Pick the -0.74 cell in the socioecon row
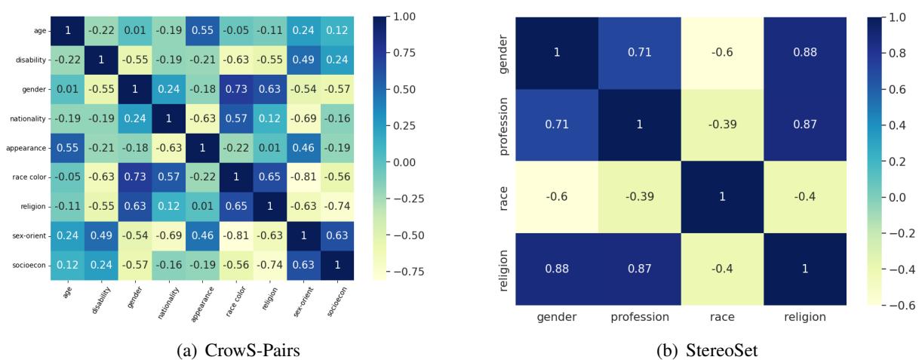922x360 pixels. coord(262,265)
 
